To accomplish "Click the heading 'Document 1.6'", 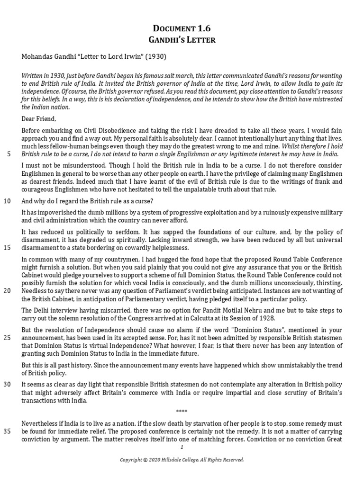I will (182, 28).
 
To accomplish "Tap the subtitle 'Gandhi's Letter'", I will (182, 39).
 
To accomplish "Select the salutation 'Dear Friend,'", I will (38, 119).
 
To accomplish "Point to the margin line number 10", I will (8, 200).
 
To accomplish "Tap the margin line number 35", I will (8, 431).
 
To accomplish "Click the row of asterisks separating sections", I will (182, 411).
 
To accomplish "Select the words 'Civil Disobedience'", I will (94, 130).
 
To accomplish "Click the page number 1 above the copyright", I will (182, 447).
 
